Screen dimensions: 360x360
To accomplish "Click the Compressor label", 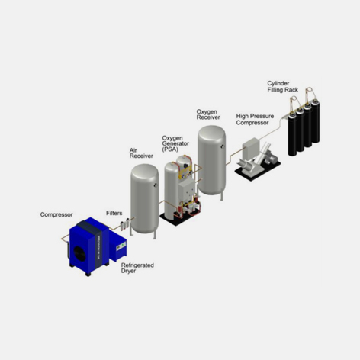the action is pyautogui.click(x=56, y=214).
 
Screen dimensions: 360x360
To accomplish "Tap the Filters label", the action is pyautogui.click(x=114, y=213).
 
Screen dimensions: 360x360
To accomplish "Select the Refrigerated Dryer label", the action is pyautogui.click(x=137, y=268).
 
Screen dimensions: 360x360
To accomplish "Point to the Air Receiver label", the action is pyautogui.click(x=141, y=153).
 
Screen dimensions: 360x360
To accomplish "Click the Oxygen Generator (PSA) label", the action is pyautogui.click(x=175, y=143).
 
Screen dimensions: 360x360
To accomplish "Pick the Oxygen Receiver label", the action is pyautogui.click(x=208, y=114).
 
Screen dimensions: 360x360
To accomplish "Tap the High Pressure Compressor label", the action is pyautogui.click(x=255, y=119).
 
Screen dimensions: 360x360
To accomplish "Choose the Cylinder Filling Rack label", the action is pyautogui.click(x=282, y=87).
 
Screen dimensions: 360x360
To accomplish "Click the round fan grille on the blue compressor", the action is pyautogui.click(x=81, y=250).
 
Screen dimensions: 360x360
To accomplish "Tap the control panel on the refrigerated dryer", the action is pyautogui.click(x=121, y=246).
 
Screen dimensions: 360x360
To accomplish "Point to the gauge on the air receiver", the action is pyautogui.click(x=156, y=185).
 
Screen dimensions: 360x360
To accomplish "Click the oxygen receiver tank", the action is pyautogui.click(x=211, y=162).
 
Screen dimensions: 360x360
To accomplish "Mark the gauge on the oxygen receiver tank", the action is pyautogui.click(x=223, y=146).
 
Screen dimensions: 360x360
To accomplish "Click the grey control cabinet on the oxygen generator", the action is pyautogui.click(x=187, y=188).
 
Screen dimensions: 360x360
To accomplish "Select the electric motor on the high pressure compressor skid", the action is pyautogui.click(x=272, y=159).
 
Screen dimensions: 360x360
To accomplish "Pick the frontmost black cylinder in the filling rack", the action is pyautogui.click(x=292, y=134).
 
